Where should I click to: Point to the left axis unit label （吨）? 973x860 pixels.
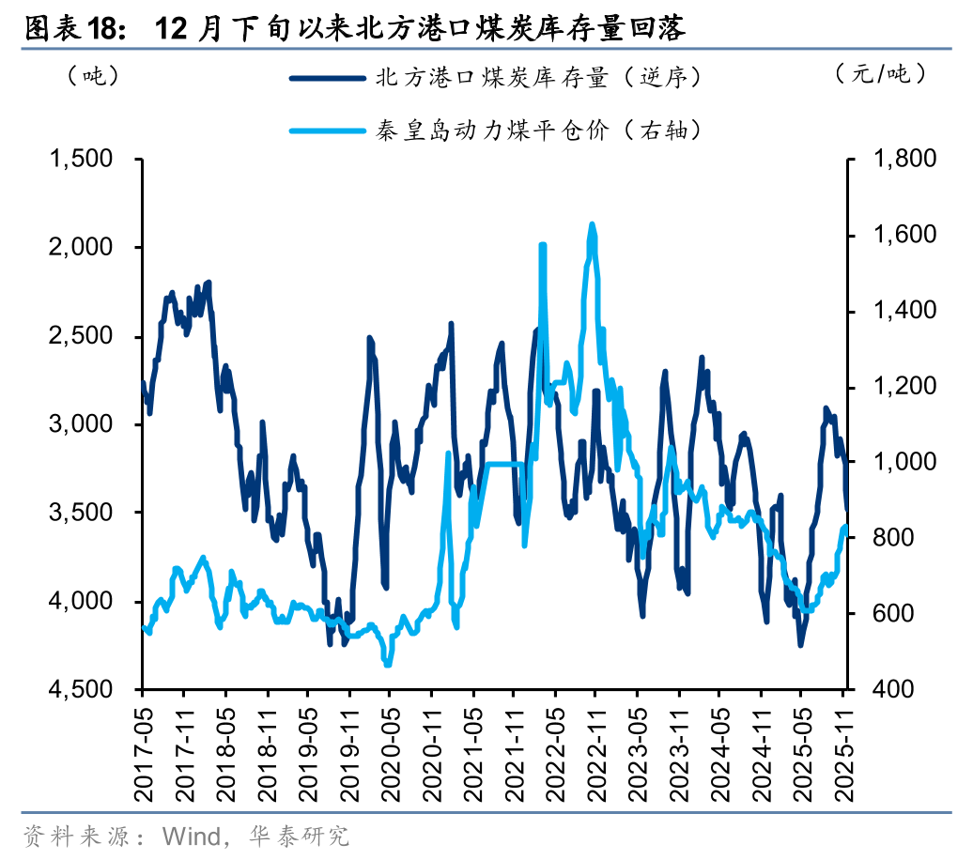coord(91,75)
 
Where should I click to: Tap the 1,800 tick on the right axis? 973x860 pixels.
coord(904,160)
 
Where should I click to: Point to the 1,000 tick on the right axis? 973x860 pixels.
coord(904,462)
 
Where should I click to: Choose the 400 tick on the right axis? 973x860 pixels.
coord(892,689)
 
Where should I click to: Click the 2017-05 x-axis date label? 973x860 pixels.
coord(144,747)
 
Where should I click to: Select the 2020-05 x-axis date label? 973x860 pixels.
coord(389,747)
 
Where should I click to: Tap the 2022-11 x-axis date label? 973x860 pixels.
coord(594,747)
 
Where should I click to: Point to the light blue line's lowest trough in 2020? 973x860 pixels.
coord(387,664)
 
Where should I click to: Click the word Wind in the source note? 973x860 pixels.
coord(191,836)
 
